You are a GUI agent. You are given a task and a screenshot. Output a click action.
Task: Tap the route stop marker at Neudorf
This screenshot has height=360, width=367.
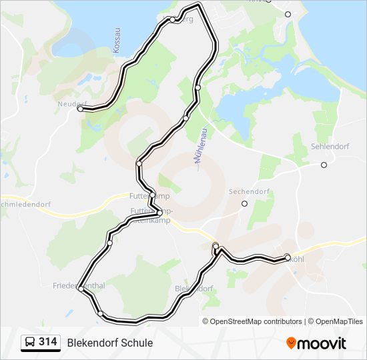click(80, 109)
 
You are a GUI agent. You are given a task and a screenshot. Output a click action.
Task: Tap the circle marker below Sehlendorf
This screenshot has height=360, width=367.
click(324, 165)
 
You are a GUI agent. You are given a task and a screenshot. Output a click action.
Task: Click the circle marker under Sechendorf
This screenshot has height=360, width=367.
click(245, 203)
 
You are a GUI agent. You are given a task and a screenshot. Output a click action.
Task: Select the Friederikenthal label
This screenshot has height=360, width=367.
click(78, 285)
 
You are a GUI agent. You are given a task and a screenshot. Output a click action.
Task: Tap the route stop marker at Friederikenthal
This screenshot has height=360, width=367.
click(80, 289)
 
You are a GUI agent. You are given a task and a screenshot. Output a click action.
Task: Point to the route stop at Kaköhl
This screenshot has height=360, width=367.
click(288, 257)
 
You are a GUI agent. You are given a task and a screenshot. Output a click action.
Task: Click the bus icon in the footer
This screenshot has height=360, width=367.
click(29, 343)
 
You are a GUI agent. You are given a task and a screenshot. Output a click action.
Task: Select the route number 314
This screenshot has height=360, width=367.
click(48, 342)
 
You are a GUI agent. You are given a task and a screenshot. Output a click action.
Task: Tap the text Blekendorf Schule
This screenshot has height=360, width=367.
click(109, 343)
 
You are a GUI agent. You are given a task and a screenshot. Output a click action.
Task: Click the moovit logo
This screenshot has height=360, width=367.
click(316, 343)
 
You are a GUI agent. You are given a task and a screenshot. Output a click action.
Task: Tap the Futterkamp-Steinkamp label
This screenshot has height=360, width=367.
click(151, 215)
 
